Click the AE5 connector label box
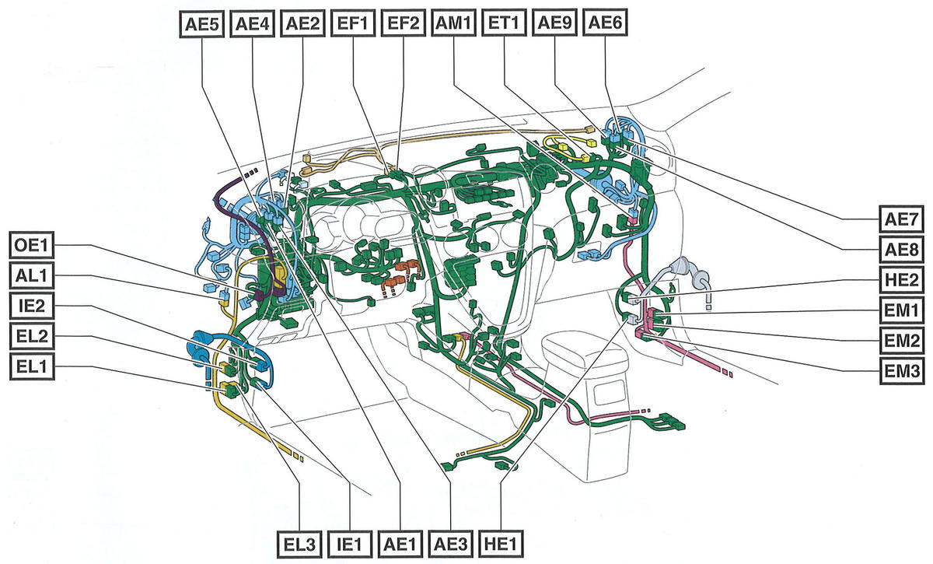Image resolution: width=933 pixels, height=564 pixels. pos(202,23)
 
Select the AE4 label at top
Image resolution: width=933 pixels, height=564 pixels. pos(253,23)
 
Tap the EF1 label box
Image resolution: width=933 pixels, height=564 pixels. pos(353,23)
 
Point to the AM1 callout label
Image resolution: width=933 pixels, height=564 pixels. pos(453,23)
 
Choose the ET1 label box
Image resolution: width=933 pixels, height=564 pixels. pos(504,23)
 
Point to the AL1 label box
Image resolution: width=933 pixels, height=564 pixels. pos(33,275)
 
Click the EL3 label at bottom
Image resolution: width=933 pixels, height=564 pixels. pos(300,541)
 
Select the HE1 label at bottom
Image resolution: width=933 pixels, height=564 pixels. pos(502,541)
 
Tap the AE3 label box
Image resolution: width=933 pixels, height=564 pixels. pos(452,541)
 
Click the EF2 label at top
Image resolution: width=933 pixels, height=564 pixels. pos(403,23)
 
